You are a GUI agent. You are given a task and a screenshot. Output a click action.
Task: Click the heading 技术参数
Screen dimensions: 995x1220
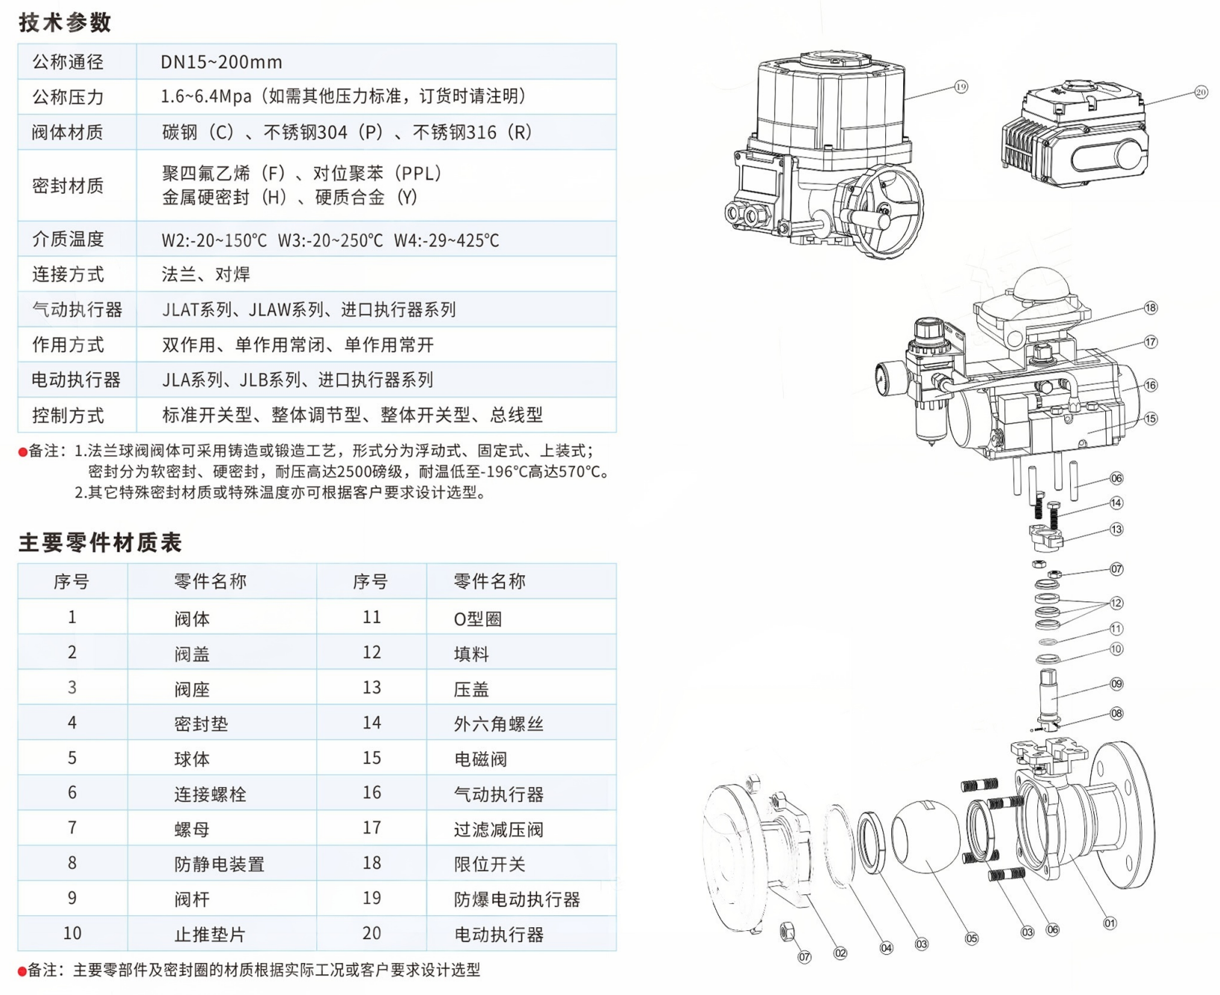pyautogui.click(x=65, y=22)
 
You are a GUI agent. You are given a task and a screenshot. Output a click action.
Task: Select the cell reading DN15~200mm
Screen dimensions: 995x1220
pyautogui.click(x=221, y=62)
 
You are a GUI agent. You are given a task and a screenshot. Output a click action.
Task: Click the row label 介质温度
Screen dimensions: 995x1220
pyautogui.click(x=68, y=239)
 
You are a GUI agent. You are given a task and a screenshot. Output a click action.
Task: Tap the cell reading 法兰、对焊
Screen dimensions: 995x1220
pyautogui.click(x=206, y=274)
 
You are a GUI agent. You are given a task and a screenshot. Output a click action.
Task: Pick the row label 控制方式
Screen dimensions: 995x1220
pyautogui.click(x=68, y=415)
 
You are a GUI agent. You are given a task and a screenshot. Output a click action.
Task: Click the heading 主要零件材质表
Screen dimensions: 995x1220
pyautogui.click(x=100, y=542)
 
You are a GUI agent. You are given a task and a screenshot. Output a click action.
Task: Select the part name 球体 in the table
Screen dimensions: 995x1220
pyautogui.click(x=192, y=759)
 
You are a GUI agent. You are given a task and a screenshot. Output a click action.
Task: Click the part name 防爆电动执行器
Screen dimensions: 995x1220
pyautogui.click(x=517, y=900)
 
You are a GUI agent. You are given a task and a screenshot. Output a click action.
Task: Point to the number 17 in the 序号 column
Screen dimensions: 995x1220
pyautogui.click(x=371, y=828)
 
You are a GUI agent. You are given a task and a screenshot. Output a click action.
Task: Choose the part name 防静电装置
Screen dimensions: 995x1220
pyautogui.click(x=219, y=864)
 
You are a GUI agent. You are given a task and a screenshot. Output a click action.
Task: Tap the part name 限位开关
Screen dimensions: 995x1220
pyautogui.click(x=489, y=864)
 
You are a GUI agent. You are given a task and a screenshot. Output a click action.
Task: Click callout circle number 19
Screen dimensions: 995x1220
pyautogui.click(x=960, y=87)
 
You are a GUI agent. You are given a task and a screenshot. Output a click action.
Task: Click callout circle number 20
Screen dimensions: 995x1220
pyautogui.click(x=1200, y=92)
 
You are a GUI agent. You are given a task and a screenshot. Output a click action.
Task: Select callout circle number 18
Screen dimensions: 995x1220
pyautogui.click(x=1150, y=308)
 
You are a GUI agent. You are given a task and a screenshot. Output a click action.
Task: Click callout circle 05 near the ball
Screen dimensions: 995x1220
pyautogui.click(x=971, y=938)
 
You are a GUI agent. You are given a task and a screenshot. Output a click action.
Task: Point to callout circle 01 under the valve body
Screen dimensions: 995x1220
pyautogui.click(x=1109, y=923)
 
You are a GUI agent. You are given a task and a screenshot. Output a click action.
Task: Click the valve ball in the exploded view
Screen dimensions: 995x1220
pyautogui.click(x=924, y=835)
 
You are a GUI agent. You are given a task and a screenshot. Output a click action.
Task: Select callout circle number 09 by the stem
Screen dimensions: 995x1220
pyautogui.click(x=1116, y=684)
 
